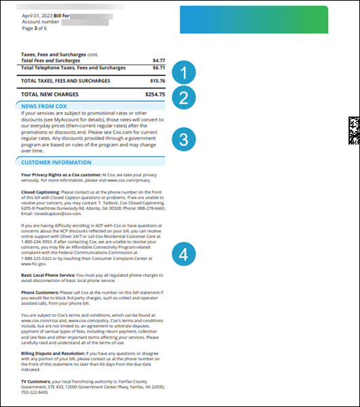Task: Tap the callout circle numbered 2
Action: [x=184, y=98]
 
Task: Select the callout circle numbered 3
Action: [x=184, y=139]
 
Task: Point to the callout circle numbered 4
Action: [x=184, y=254]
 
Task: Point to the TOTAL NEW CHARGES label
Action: [x=49, y=94]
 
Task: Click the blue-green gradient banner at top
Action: [x=254, y=19]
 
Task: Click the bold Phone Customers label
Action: [x=40, y=292]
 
